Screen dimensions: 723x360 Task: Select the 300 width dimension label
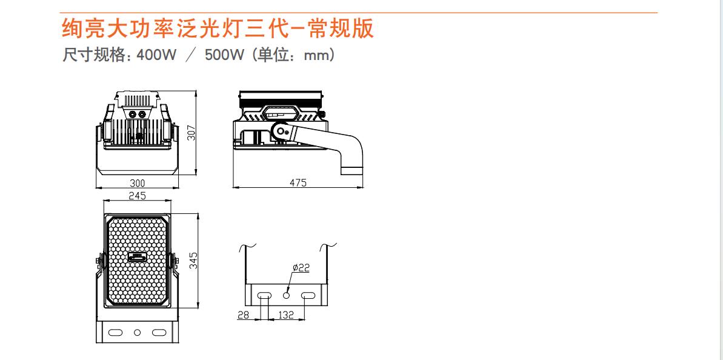pos(138,183)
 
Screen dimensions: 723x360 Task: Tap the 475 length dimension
pos(298,183)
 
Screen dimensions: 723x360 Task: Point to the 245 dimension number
pos(137,195)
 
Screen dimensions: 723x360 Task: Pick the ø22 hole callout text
pos(301,268)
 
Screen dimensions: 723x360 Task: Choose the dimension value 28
pos(244,315)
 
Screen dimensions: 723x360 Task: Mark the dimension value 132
pos(286,315)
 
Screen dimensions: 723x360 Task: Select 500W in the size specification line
pos(225,55)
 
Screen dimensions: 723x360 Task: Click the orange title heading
pos(218,28)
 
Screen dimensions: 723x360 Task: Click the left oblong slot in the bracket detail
pos(265,295)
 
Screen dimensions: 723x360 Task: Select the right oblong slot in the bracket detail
pos(307,295)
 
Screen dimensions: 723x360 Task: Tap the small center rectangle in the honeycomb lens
pos(137,258)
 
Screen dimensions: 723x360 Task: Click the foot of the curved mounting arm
pos(353,170)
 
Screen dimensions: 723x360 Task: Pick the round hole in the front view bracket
pos(136,332)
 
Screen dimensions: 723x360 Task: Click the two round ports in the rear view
pos(137,113)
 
